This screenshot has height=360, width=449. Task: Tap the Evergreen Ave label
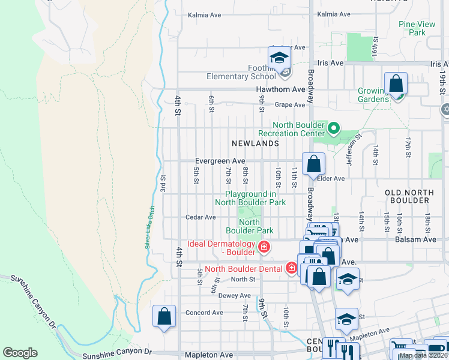(220, 161)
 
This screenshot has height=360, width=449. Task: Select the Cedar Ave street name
(200, 217)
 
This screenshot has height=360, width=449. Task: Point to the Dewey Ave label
(234, 296)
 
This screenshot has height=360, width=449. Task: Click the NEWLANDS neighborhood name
(256, 143)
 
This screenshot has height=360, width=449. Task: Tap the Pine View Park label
(417, 28)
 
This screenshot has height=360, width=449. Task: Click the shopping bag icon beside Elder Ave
(314, 164)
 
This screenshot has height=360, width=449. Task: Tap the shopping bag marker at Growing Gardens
(396, 83)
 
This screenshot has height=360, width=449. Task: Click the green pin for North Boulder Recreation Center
(334, 128)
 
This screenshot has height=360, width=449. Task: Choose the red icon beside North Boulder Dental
(292, 268)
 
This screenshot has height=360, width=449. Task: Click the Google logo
(20, 352)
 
